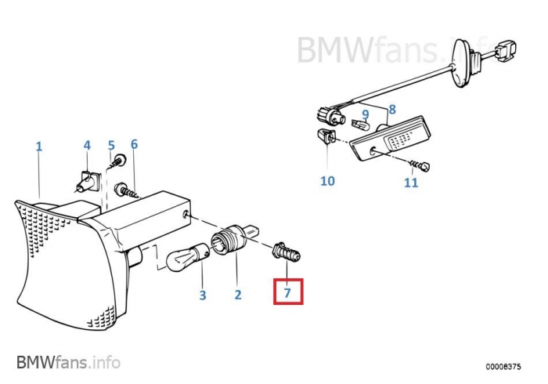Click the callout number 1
pos(39,147)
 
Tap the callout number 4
pos(87,145)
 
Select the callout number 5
pos(111,145)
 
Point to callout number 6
pos(134,144)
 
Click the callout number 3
pos(202,295)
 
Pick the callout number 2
pos(237,295)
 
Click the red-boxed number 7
pos(287,293)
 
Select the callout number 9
pos(365,114)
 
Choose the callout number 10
pos(327,181)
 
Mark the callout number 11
pos(411,183)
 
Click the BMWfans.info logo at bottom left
pos(68,362)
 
